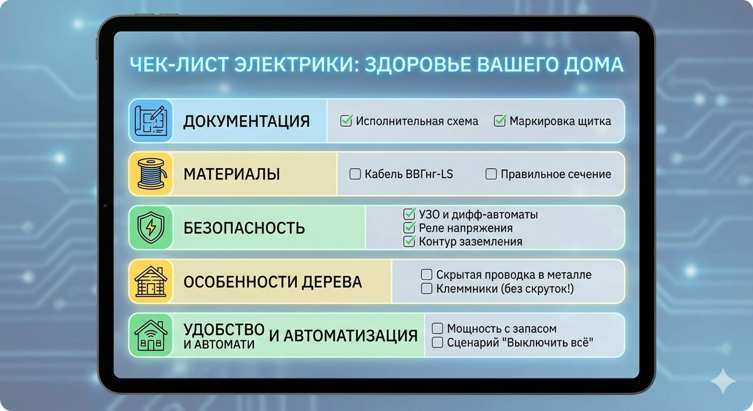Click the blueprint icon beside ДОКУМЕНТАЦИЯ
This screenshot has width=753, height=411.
click(151, 120)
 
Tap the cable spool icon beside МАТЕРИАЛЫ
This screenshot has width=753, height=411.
click(151, 174)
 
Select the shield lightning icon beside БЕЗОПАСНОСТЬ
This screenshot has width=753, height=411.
click(151, 227)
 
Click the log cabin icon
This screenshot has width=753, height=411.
click(151, 282)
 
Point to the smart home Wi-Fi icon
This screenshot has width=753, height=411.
click(151, 335)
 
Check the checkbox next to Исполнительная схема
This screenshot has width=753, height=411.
click(346, 120)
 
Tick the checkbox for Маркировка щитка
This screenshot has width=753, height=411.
click(499, 120)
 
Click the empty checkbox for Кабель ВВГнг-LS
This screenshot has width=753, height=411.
click(355, 174)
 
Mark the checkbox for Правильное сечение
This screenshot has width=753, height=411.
click(491, 174)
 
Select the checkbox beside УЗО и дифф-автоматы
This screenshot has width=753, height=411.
click(409, 215)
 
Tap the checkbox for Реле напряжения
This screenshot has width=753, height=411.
click(409, 228)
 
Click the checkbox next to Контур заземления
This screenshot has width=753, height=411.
click(409, 241)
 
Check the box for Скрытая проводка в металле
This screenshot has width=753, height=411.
click(427, 275)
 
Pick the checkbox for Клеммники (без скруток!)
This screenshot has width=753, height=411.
click(427, 289)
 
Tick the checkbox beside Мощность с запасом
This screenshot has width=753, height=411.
click(438, 329)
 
